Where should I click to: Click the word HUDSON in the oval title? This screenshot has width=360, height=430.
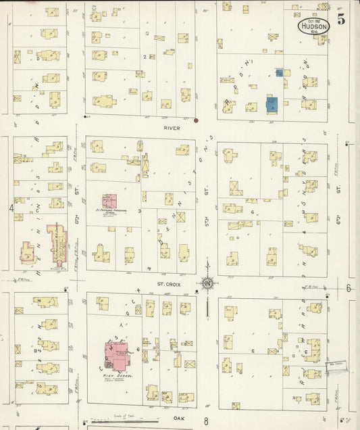tap(313, 27)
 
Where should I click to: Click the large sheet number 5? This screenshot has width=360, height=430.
tap(342, 20)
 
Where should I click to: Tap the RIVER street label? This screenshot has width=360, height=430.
tap(172, 126)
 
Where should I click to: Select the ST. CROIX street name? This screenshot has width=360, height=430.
tap(167, 285)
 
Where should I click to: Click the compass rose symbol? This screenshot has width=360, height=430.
tap(207, 283)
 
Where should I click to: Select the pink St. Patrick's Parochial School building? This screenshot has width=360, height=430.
tap(109, 201)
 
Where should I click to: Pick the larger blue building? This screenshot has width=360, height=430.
tap(272, 104)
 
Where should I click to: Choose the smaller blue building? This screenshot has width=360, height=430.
tap(279, 72)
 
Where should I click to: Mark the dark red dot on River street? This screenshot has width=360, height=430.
tap(196, 121)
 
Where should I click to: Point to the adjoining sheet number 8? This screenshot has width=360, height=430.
tap(205, 421)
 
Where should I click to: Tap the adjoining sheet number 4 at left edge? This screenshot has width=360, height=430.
tap(11, 208)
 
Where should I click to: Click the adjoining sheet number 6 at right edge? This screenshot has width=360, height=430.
tap(349, 288)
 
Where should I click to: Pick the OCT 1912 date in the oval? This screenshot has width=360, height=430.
tap(313, 20)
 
